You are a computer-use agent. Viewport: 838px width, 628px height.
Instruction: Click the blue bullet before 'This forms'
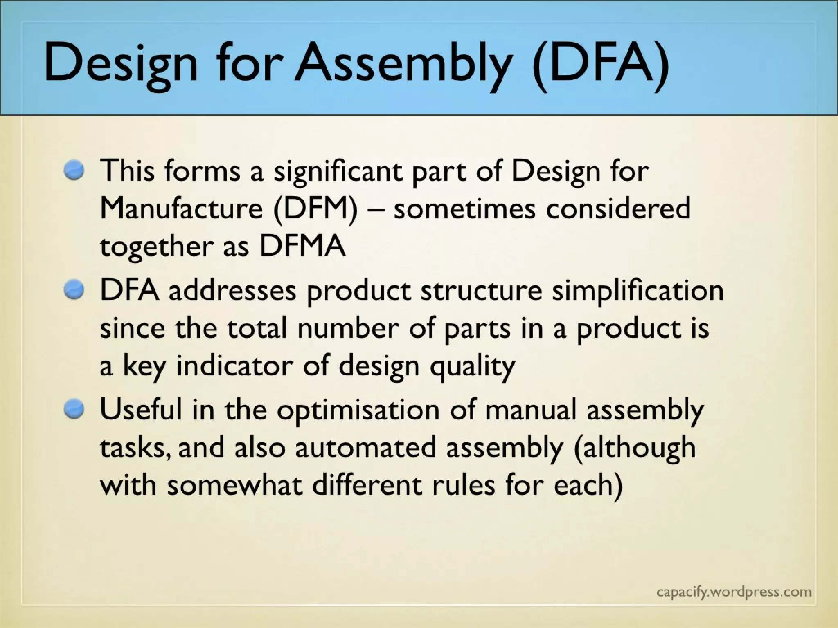(x=74, y=170)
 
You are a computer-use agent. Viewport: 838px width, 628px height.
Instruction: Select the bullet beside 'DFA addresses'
(x=74, y=290)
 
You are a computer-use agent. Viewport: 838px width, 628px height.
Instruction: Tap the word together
(x=156, y=247)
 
